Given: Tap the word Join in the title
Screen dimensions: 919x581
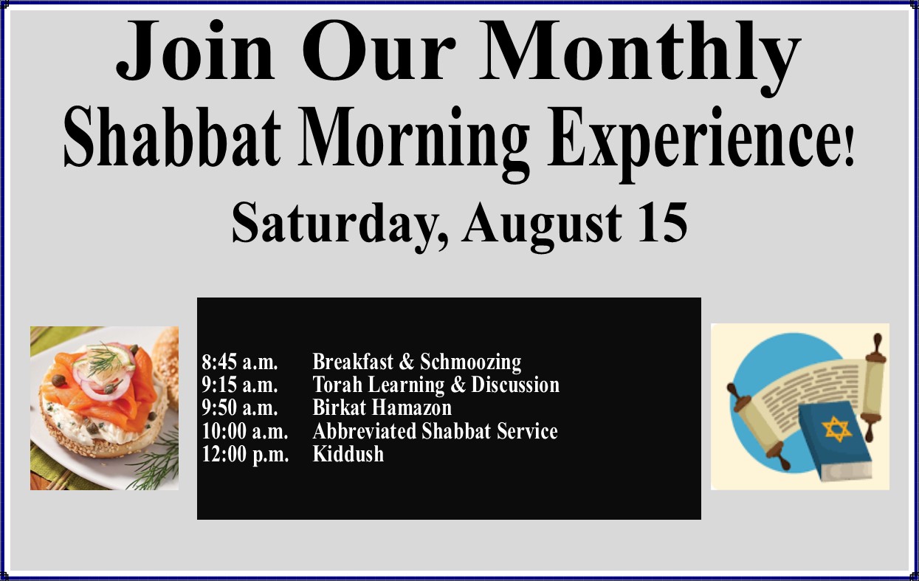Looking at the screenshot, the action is tap(195, 49).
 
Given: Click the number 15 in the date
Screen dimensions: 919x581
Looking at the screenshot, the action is tap(663, 222).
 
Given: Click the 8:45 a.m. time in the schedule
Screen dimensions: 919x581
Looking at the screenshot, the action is tap(240, 362).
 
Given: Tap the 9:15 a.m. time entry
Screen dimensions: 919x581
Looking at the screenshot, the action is tap(240, 385).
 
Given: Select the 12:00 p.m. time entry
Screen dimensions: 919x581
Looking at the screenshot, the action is tap(245, 454).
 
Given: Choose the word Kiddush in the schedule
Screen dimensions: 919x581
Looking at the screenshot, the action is tap(348, 453).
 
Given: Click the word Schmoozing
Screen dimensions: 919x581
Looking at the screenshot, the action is tap(471, 362).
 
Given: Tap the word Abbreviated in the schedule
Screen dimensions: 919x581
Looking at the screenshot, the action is tap(365, 430).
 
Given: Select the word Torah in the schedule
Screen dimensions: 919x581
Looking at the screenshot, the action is tap(337, 385).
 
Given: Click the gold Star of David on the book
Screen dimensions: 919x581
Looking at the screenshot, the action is tap(836, 429).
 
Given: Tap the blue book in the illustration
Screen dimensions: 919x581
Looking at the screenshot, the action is tap(834, 441).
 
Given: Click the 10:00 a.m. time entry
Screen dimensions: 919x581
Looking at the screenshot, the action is tap(245, 431).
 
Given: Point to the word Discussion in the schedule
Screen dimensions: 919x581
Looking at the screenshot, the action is tap(515, 385).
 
